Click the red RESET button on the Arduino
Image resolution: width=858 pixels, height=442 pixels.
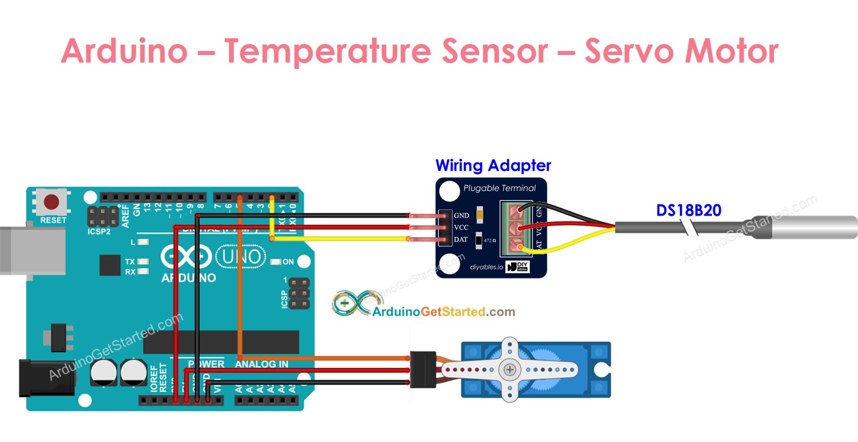point(52,203)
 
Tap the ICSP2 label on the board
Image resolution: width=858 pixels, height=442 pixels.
point(99,231)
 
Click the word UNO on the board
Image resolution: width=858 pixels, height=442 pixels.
point(241,256)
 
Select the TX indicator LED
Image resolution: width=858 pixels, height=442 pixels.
point(142,262)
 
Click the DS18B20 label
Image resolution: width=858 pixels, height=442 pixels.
point(689,210)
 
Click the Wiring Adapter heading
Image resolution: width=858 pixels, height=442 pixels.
point(493,166)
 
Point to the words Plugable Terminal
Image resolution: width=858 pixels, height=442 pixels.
point(499,188)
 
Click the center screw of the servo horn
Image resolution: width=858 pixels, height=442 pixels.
point(510,369)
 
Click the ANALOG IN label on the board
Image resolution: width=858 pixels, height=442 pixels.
point(261,364)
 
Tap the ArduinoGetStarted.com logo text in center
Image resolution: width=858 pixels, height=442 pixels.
point(443,312)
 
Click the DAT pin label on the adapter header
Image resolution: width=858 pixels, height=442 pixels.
point(461,240)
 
